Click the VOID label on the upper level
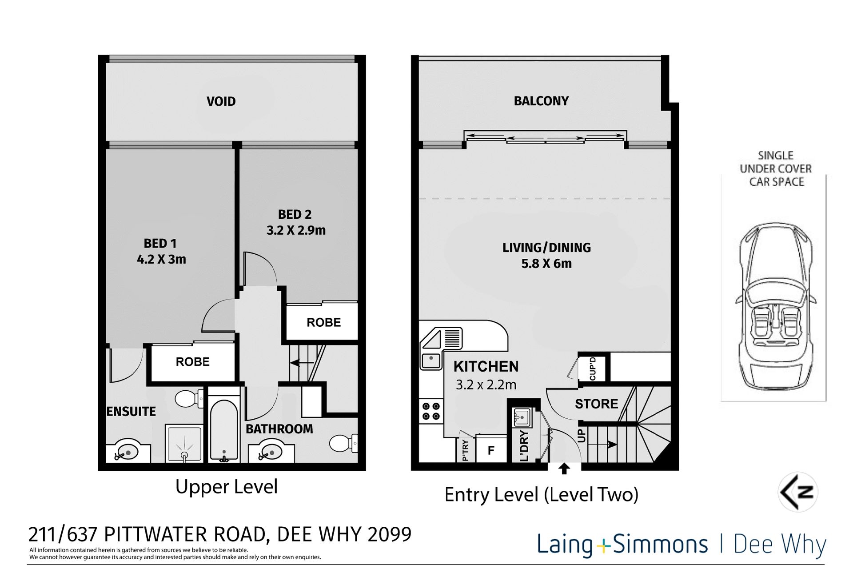221,101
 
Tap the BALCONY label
541,101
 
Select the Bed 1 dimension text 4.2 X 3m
161,259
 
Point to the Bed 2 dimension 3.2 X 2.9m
296,230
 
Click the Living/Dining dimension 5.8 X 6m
546,264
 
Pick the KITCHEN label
486,366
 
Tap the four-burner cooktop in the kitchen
431,411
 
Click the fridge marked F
491,450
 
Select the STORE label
597,404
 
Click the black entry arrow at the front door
564,469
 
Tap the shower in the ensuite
184,444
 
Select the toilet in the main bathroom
343,443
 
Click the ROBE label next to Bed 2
323,322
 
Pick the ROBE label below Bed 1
192,361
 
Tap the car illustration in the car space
775,307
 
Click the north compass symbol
798,492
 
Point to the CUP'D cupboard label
592,369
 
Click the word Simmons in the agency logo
660,544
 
